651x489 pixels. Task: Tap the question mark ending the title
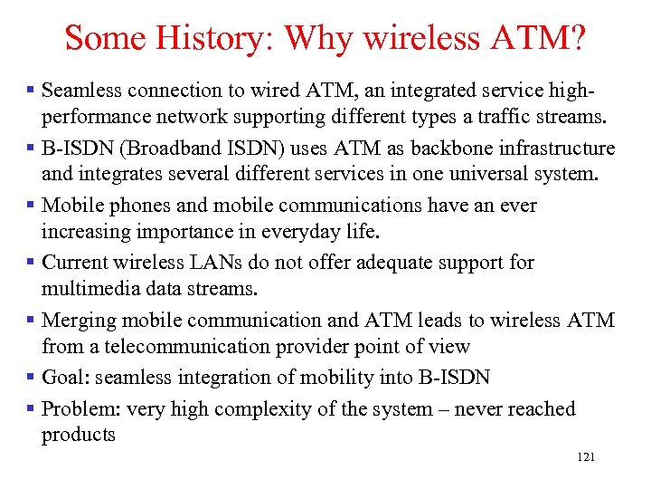tap(577, 38)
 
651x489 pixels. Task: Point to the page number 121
tap(585, 458)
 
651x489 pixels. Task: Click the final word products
tap(79, 435)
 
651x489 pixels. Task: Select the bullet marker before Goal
tap(32, 378)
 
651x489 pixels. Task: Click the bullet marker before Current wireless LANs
tap(32, 263)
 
